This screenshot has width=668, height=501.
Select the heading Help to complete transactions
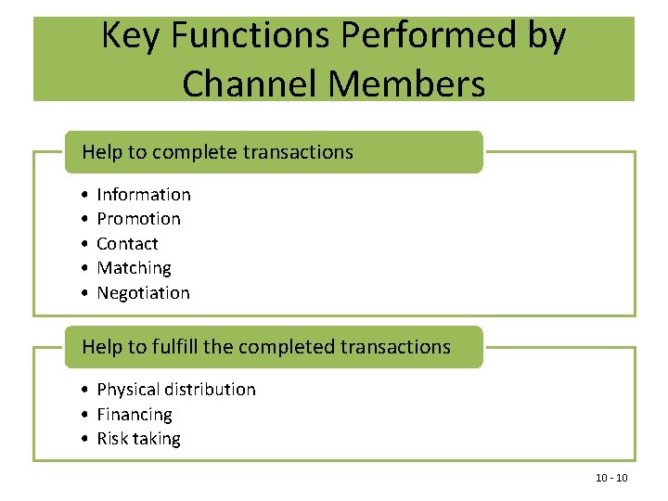(x=217, y=152)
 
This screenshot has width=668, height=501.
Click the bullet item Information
(x=144, y=195)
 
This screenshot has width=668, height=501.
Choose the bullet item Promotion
(x=138, y=219)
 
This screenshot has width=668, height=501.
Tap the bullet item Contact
(x=127, y=244)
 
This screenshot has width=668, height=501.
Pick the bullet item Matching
(x=134, y=268)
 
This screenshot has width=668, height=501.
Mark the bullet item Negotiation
(x=143, y=293)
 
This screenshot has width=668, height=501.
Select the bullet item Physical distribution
(x=175, y=390)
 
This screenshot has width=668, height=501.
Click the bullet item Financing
(x=135, y=415)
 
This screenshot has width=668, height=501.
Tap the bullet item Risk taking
(x=138, y=439)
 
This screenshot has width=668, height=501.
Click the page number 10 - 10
(x=611, y=478)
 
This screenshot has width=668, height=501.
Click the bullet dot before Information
(x=84, y=195)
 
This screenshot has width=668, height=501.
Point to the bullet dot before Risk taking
(x=84, y=439)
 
